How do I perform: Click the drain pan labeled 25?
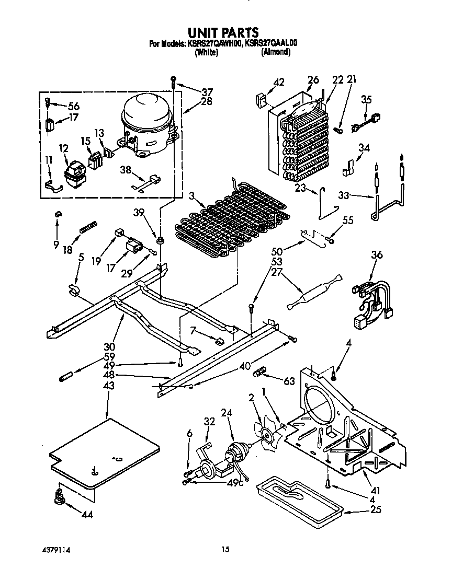298,496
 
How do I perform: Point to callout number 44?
87,515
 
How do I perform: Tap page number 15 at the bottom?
225,549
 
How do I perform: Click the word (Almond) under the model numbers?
276,53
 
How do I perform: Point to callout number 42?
279,82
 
